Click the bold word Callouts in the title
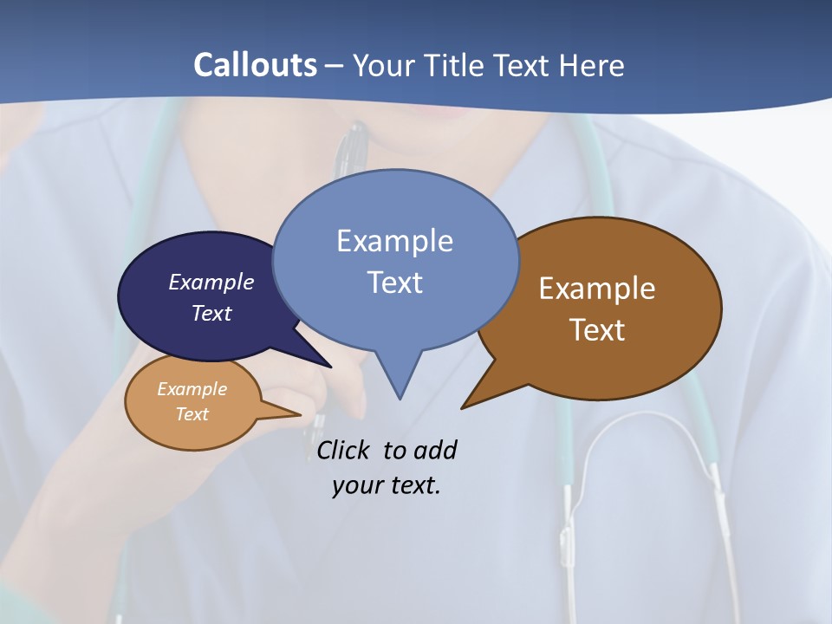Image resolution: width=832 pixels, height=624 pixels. pos(255,65)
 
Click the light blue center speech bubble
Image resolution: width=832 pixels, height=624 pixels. pos(395,260)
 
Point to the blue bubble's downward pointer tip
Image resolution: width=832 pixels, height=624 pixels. pos(400,398)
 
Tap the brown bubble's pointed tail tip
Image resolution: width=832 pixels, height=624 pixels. pos(463,407)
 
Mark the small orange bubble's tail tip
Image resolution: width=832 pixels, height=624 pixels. pos(300,415)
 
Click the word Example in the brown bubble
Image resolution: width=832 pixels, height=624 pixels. pos(597,289)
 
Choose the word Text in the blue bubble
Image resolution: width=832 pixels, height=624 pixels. pos(395,283)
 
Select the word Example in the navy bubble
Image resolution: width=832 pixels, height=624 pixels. pos(211,283)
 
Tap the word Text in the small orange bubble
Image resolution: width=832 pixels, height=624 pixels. pos(192,414)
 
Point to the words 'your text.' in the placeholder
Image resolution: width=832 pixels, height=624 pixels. pos(387,485)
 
